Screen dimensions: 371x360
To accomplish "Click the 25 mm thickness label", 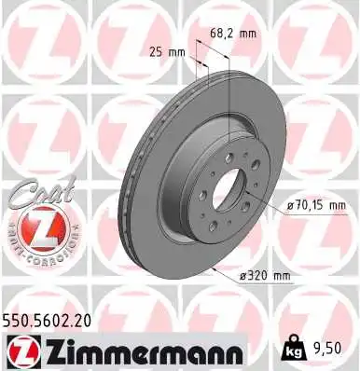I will (x=165, y=51).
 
